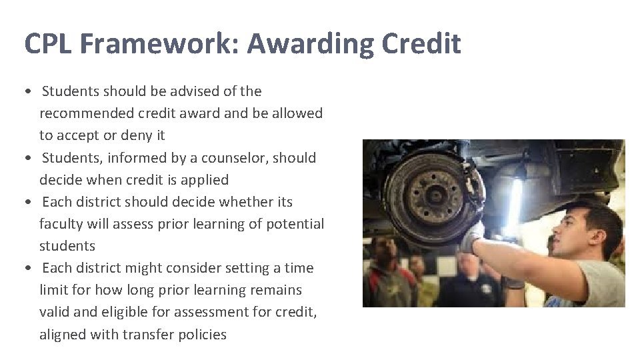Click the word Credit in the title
tap(421, 44)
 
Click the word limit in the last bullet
tap(52, 290)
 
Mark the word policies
tap(202, 334)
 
